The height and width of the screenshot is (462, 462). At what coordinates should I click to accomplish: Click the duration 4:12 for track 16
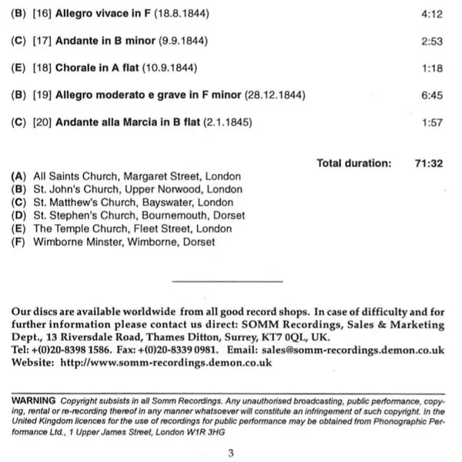(432, 15)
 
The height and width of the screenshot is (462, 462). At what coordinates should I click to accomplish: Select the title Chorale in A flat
(97, 69)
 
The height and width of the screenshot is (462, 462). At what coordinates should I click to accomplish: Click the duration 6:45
(432, 95)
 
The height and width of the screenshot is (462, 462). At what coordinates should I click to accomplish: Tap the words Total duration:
(354, 163)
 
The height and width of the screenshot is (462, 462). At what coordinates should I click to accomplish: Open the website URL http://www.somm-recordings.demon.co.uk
(166, 363)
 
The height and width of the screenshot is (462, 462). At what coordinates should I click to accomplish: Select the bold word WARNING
(33, 400)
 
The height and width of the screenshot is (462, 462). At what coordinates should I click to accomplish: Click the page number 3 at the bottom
(230, 453)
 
